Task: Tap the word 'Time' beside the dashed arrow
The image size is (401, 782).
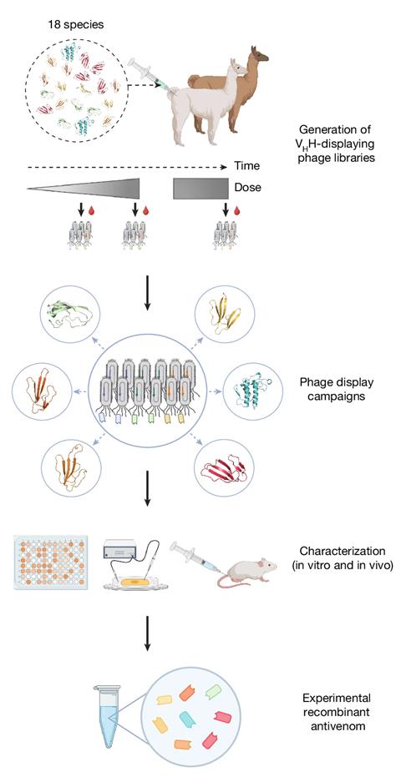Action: pos(247,166)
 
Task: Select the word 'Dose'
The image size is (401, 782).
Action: pos(248,187)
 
